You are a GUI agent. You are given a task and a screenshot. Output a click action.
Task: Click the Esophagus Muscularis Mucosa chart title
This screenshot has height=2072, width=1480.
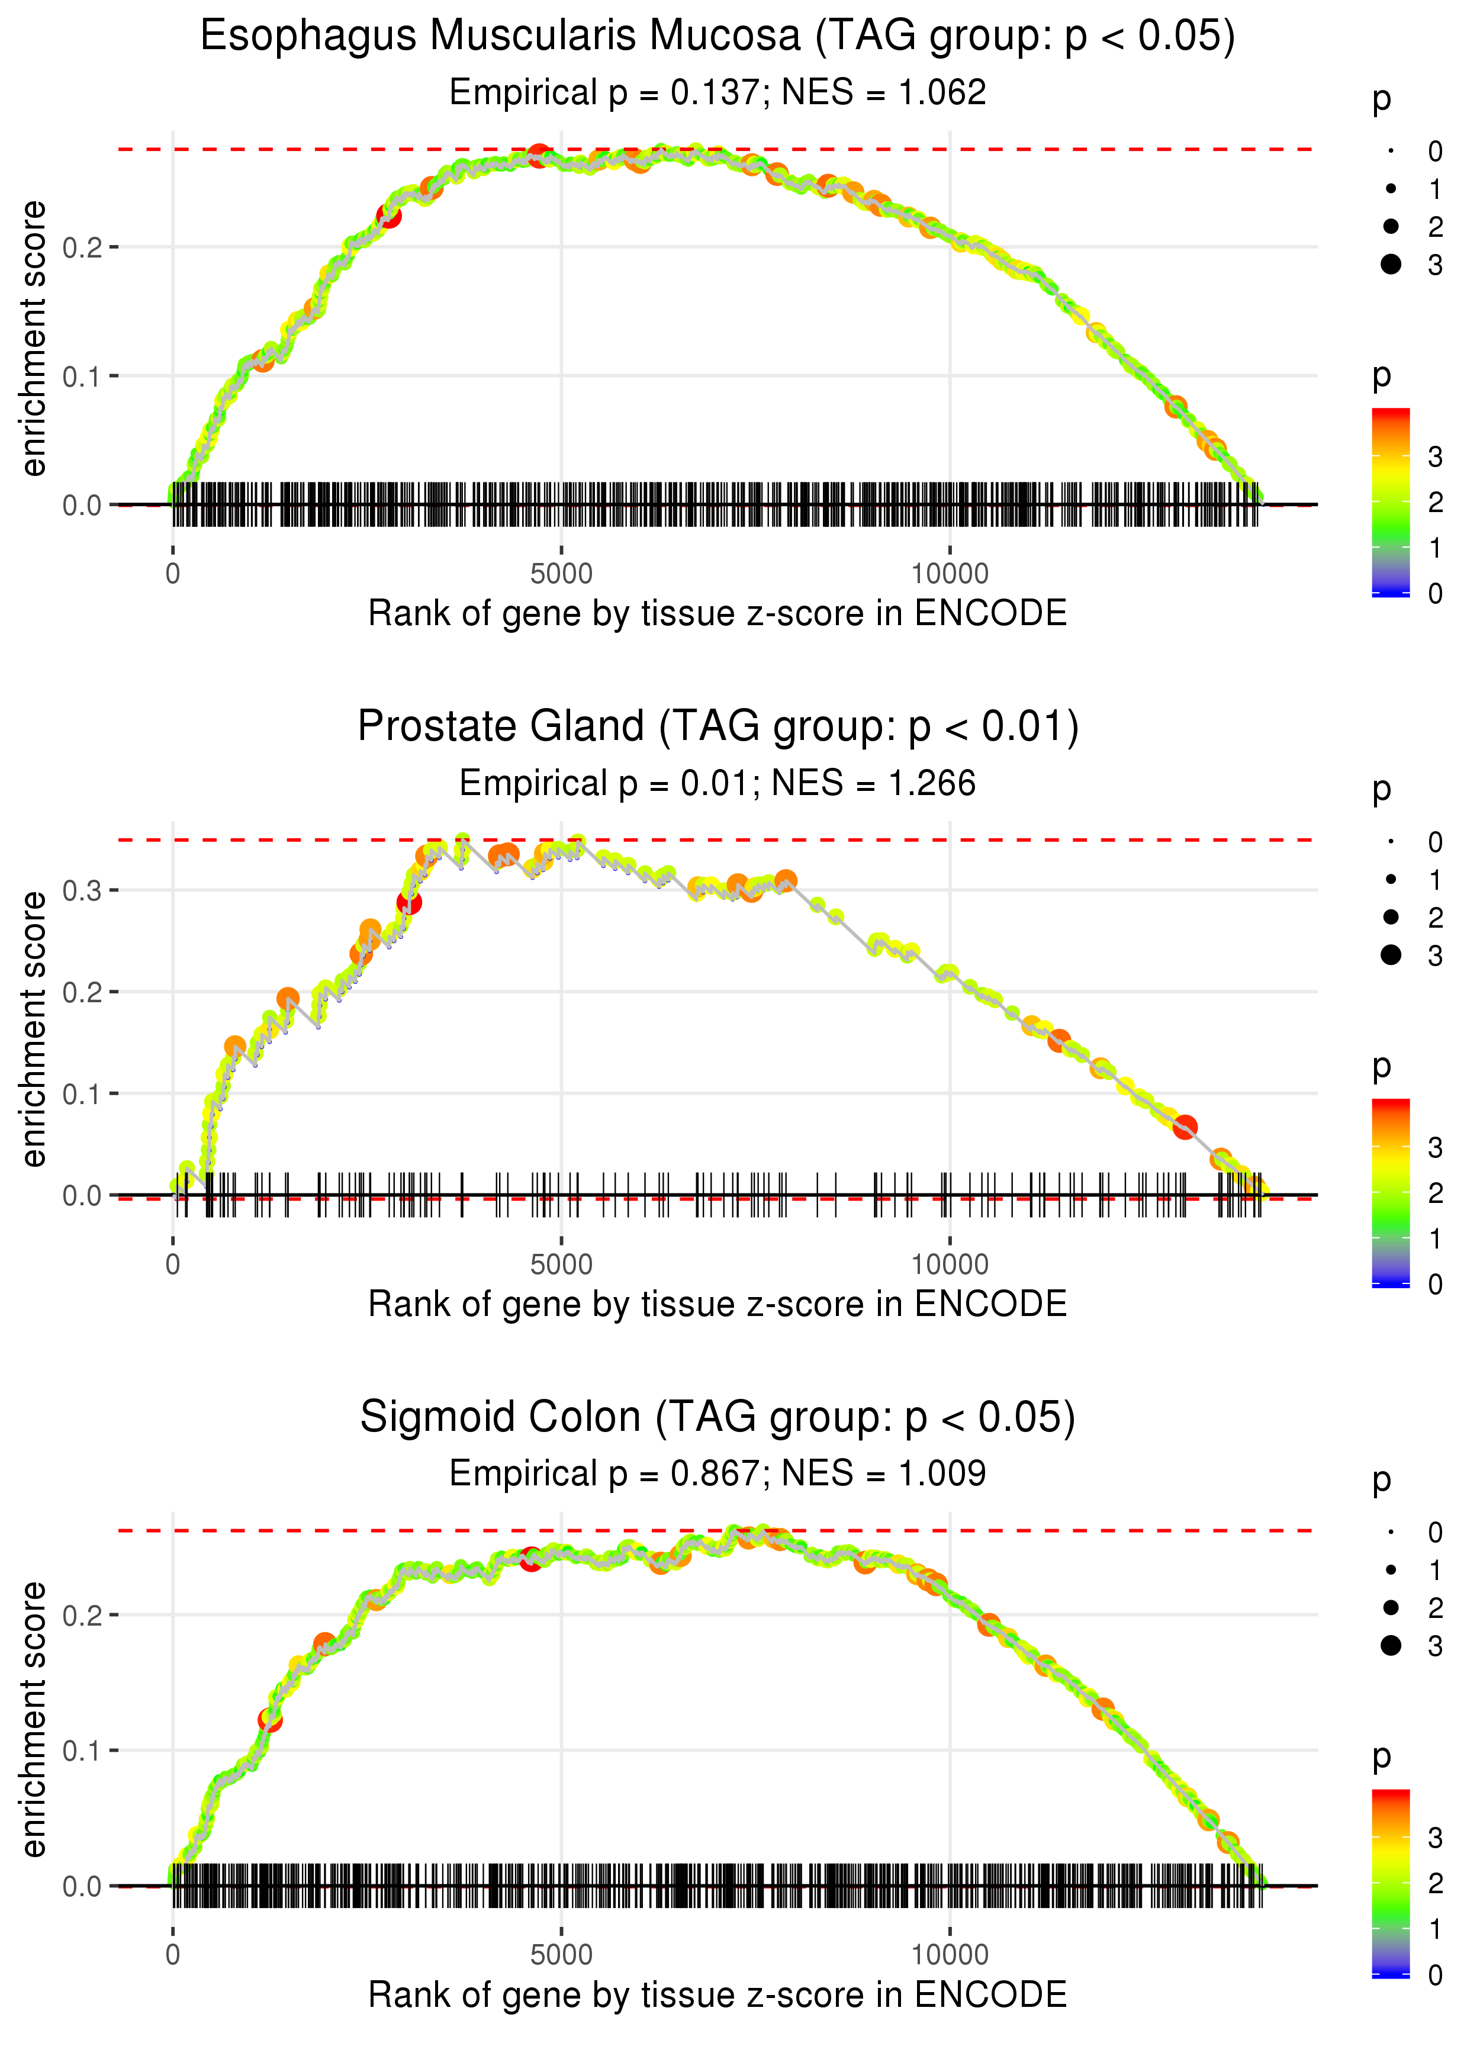[718, 37]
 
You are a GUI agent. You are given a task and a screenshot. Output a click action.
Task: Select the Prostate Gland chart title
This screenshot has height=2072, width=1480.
[718, 727]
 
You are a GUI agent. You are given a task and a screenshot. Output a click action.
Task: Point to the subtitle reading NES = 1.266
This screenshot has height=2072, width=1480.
[873, 784]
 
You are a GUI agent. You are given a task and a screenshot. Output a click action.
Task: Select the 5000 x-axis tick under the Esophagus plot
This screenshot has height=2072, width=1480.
[561, 574]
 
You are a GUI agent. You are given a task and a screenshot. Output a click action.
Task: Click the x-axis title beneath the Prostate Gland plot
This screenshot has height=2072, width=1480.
[718, 1304]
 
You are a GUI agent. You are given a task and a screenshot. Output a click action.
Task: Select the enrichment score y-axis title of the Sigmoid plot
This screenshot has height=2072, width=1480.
[34, 1719]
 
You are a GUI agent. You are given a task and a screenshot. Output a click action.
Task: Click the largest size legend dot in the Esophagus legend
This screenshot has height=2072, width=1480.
[1391, 264]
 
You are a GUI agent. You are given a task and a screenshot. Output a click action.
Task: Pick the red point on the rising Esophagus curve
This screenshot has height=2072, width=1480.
[389, 217]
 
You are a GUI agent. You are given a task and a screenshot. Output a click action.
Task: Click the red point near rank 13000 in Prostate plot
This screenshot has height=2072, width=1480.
[1185, 1127]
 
